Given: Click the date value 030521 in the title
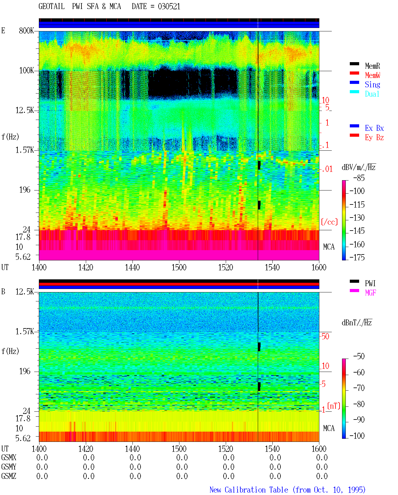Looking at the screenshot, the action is [x=169, y=7].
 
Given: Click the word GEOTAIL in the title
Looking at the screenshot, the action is [x=52, y=7].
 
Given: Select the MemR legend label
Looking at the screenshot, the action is [x=372, y=66].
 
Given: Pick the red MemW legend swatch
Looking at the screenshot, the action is [x=354, y=73].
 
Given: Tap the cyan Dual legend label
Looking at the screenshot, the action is [x=372, y=94].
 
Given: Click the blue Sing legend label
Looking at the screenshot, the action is [x=372, y=85].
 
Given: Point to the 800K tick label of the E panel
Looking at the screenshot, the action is [x=26, y=30].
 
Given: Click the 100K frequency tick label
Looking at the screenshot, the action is [x=26, y=71].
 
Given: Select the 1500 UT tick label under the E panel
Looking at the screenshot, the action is [x=179, y=267].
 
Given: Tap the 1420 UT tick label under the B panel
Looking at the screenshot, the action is [x=86, y=449].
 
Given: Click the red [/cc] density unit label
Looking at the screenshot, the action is [x=329, y=222].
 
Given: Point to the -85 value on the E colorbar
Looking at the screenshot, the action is [x=359, y=178].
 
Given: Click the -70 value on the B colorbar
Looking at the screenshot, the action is [x=359, y=388].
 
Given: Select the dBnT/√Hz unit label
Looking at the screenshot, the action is [x=357, y=323].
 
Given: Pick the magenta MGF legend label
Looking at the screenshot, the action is [x=370, y=293].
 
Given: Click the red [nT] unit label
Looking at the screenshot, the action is [x=334, y=406].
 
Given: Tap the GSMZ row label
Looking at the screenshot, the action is [x=9, y=476].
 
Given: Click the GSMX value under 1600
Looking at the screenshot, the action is [x=322, y=457].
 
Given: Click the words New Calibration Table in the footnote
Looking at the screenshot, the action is [x=249, y=490].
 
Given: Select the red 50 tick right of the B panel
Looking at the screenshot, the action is [x=325, y=337].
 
